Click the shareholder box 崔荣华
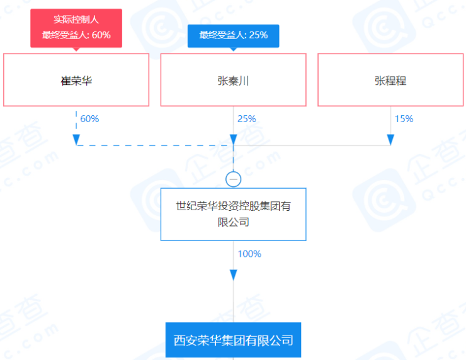click(76, 80)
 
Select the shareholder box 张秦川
click(233, 80)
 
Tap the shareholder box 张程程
click(390, 80)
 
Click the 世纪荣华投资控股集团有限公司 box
click(233, 214)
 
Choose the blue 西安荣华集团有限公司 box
click(233, 340)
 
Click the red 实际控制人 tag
click(76, 20)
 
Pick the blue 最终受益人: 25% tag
click(233, 35)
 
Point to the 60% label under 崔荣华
click(89, 119)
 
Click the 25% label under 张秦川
click(246, 119)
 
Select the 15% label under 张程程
click(404, 119)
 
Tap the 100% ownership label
click(249, 254)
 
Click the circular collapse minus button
click(233, 179)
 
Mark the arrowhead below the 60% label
click(76, 138)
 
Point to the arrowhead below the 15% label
click(390, 138)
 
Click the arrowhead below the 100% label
click(233, 275)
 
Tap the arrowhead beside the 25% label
click(233, 138)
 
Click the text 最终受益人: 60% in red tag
click(76, 35)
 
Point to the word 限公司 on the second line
click(233, 222)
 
